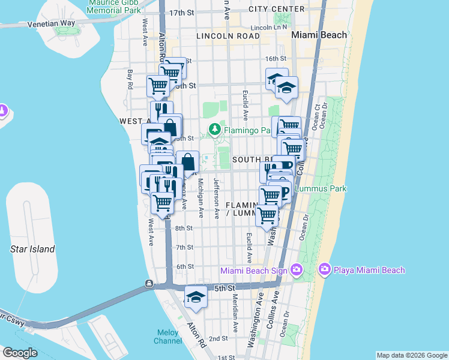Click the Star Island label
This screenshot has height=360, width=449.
[x=32, y=249]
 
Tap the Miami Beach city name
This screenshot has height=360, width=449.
[x=319, y=35]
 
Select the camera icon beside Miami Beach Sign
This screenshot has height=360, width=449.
[x=295, y=270]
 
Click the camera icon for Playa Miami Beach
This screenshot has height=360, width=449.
[x=325, y=270]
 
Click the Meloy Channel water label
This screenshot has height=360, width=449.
[x=169, y=337]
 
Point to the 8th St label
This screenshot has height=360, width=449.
[x=184, y=228]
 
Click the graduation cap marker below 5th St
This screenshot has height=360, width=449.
[x=196, y=298]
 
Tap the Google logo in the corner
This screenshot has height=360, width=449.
[x=20, y=352]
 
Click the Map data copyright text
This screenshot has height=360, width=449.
[x=411, y=355]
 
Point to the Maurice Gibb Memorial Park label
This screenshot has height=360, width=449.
[x=114, y=7]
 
